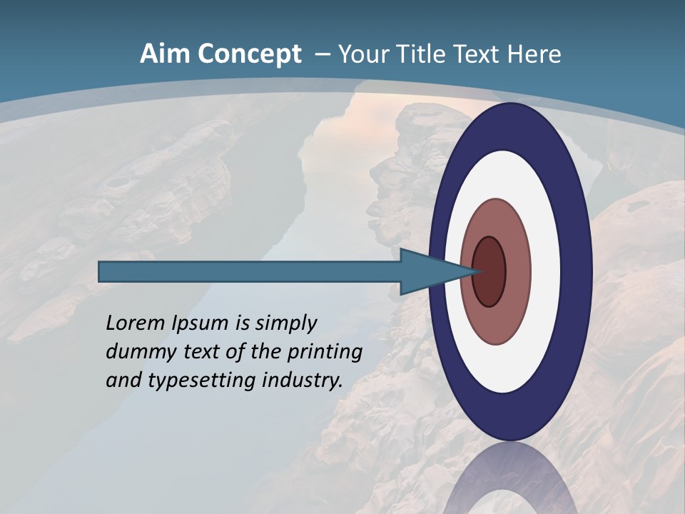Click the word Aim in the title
(x=164, y=54)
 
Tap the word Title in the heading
(x=420, y=54)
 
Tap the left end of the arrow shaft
(x=101, y=271)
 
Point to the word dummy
(x=138, y=352)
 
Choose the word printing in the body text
(x=326, y=353)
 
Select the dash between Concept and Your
(x=322, y=55)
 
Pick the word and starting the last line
(x=123, y=381)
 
